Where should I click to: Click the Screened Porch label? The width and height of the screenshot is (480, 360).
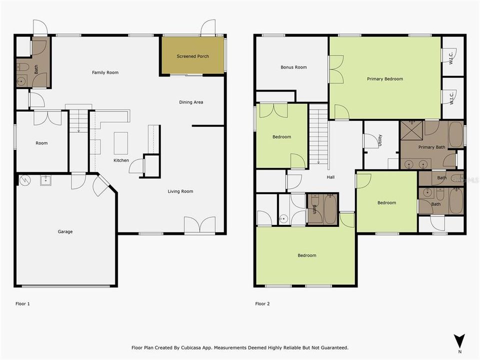pyautogui.click(x=193, y=56)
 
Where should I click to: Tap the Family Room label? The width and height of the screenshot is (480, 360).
pyautogui.click(x=105, y=72)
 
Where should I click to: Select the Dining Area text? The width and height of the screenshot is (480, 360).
pyautogui.click(x=191, y=102)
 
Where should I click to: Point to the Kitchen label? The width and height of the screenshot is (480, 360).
pyautogui.click(x=121, y=160)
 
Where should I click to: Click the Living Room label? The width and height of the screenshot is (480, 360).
pyautogui.click(x=180, y=191)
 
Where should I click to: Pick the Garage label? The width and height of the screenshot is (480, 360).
pyautogui.click(x=65, y=231)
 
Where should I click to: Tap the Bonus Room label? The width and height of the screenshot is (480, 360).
pyautogui.click(x=293, y=67)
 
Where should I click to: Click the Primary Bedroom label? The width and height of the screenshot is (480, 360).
pyautogui.click(x=385, y=79)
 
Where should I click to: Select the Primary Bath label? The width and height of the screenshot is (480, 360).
pyautogui.click(x=431, y=147)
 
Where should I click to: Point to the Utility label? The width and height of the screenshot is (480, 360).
pyautogui.click(x=380, y=140)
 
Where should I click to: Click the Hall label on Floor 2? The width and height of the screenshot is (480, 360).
pyautogui.click(x=330, y=177)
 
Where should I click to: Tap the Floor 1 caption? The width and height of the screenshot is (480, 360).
pyautogui.click(x=22, y=303)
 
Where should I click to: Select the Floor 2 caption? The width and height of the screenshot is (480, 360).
pyautogui.click(x=262, y=303)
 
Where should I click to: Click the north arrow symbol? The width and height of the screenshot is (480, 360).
pyautogui.click(x=459, y=341)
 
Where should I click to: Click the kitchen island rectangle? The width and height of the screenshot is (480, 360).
pyautogui.click(x=121, y=143)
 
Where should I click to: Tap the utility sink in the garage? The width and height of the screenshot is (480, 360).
pyautogui.click(x=45, y=180)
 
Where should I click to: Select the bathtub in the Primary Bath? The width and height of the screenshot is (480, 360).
pyautogui.click(x=456, y=134)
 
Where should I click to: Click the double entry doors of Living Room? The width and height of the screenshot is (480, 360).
pyautogui.click(x=200, y=224)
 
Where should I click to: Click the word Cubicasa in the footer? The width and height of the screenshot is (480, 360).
pyautogui.click(x=193, y=348)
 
